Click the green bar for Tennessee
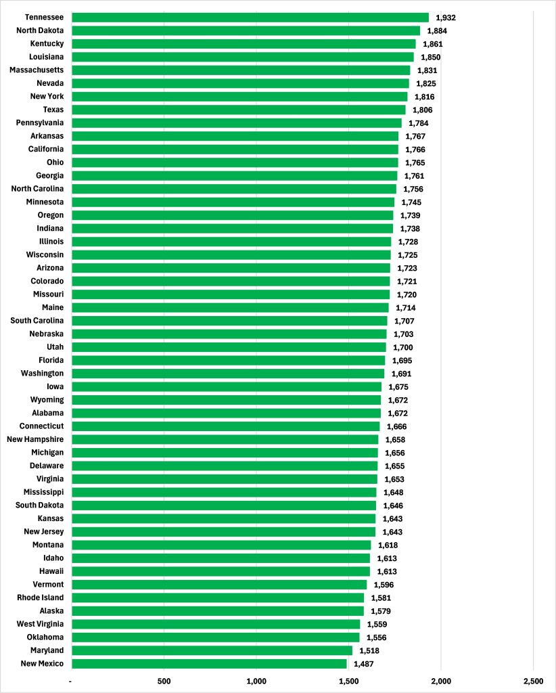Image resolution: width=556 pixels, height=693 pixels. [x=250, y=18]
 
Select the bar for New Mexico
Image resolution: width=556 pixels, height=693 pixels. [x=209, y=664]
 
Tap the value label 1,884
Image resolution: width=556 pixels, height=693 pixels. [x=437, y=30]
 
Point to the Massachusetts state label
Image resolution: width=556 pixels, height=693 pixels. [x=37, y=70]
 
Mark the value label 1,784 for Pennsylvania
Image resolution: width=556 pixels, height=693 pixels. [x=418, y=123]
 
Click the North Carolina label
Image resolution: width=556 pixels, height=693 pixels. [x=38, y=189]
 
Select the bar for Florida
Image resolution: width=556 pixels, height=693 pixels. [x=228, y=361]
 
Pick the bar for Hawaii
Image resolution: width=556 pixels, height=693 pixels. [x=221, y=572]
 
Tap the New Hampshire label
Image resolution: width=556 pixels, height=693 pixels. [x=35, y=440]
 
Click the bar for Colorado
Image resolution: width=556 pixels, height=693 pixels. [x=231, y=282]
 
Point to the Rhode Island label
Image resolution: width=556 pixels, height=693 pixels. [x=41, y=598]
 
